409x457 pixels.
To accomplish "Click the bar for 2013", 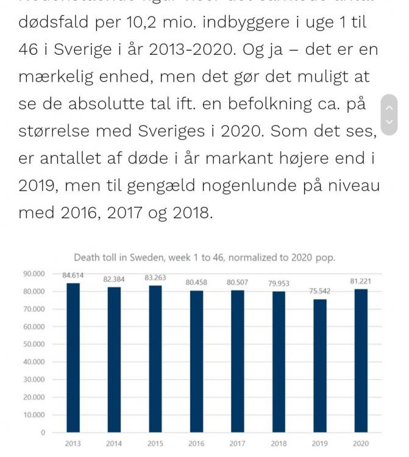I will pos(73,358).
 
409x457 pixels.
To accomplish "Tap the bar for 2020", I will pos(360,361).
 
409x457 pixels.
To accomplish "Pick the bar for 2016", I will pos(196,361).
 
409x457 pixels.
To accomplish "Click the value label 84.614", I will pos(73,275).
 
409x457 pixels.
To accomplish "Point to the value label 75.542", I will pos(319,291).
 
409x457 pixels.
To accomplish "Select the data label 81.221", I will pos(360,282).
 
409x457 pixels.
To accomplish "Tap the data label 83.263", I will pos(155,278).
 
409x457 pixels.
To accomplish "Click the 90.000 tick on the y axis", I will pos(35,274).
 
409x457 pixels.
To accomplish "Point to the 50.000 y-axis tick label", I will pos(35,344).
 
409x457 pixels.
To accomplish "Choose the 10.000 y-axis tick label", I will pos(35,415).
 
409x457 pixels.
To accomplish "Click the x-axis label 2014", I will pos(113,444).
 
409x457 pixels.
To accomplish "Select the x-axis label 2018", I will pos(278,444).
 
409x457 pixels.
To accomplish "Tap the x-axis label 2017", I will pos(237,444).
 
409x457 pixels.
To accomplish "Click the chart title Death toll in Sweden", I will pos(204,258).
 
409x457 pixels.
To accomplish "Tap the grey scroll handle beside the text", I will pos(389,114).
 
